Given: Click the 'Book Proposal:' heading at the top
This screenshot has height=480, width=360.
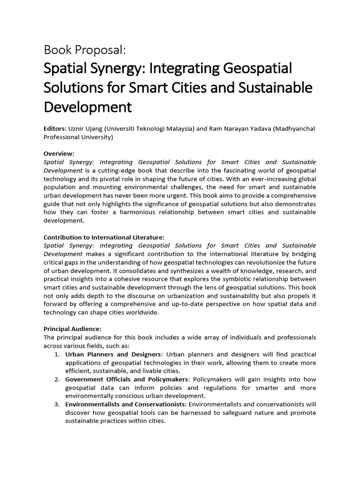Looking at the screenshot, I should [85, 49].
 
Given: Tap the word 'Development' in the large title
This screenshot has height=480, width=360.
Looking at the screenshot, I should [88, 107].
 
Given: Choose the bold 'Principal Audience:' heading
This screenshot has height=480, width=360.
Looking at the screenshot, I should [72, 329].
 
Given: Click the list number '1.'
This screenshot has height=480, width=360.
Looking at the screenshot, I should [57, 354].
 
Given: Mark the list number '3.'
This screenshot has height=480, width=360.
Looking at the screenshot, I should [57, 404].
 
